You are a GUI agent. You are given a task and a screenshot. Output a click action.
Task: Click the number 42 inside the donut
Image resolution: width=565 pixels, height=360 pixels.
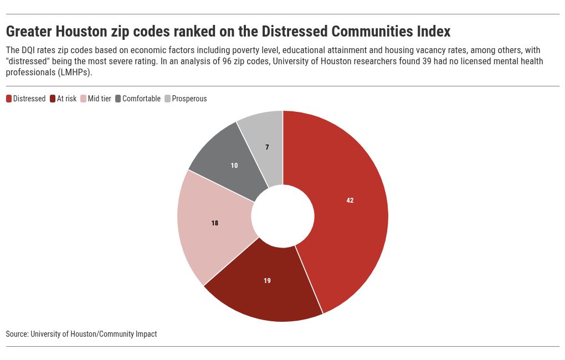tap(350, 200)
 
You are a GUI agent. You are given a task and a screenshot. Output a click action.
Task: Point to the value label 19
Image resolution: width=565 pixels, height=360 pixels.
tap(267, 281)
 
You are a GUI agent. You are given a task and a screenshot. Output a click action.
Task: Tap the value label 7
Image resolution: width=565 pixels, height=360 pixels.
tap(267, 147)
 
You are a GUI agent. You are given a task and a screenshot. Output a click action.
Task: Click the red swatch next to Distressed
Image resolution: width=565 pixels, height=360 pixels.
tap(9, 99)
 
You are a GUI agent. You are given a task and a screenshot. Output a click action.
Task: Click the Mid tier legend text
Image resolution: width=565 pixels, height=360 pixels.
tap(99, 99)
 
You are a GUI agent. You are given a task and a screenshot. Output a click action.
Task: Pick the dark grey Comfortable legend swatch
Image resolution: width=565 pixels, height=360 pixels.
tap(119, 99)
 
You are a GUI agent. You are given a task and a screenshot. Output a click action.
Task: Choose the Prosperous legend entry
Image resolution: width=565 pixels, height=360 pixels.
tap(189, 99)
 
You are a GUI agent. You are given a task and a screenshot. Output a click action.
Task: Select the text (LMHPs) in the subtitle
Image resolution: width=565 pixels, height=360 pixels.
tap(75, 73)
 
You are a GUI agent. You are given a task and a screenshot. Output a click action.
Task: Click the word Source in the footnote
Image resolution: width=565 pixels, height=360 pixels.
tap(17, 334)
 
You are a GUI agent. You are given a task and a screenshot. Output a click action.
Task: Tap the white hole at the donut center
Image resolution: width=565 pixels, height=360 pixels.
tap(282, 216)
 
